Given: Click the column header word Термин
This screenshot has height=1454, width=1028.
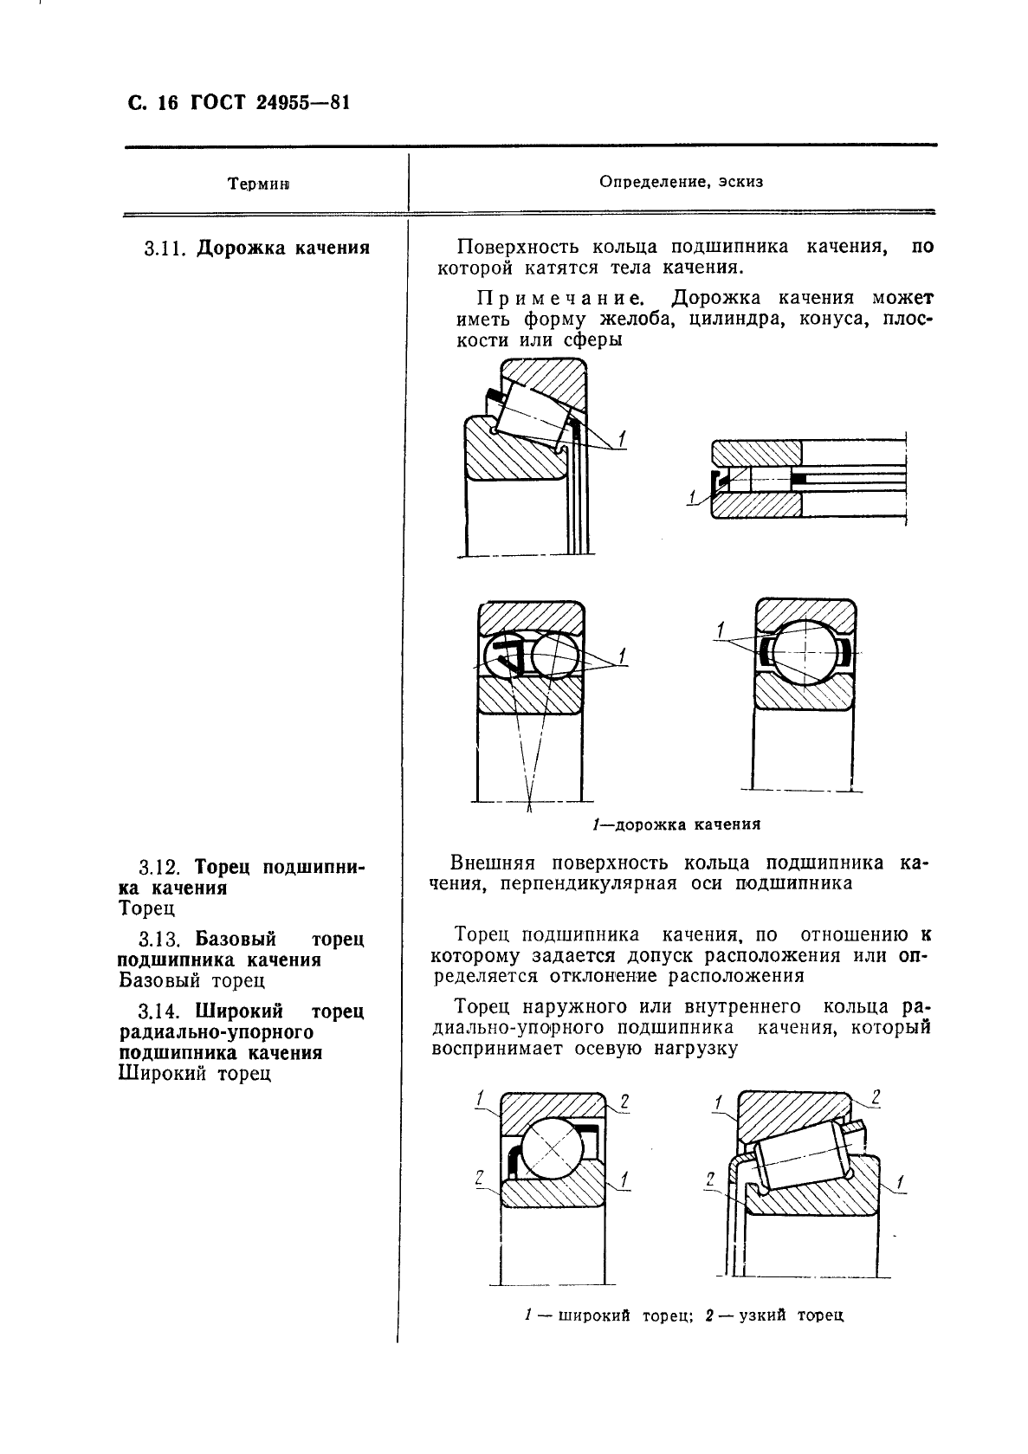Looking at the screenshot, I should pos(258,184).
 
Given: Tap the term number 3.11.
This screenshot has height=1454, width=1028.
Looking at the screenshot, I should pos(165,249).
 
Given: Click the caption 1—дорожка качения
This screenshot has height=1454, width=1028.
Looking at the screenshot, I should pos(676,824).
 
